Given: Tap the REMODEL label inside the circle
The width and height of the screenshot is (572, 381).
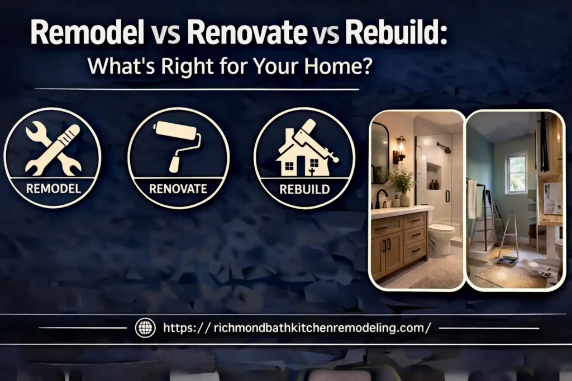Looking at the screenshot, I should [x=53, y=188].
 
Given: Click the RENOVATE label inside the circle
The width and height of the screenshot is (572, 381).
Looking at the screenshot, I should [x=178, y=189].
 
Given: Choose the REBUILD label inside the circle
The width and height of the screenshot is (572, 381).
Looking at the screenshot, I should [x=304, y=189].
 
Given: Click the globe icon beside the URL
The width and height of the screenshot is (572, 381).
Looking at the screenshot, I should [x=145, y=328].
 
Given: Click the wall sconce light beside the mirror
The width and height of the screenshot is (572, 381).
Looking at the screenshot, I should [x=400, y=148].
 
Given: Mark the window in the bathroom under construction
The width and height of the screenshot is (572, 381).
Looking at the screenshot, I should [x=517, y=173].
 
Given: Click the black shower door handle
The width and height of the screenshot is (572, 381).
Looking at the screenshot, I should [x=447, y=196].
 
